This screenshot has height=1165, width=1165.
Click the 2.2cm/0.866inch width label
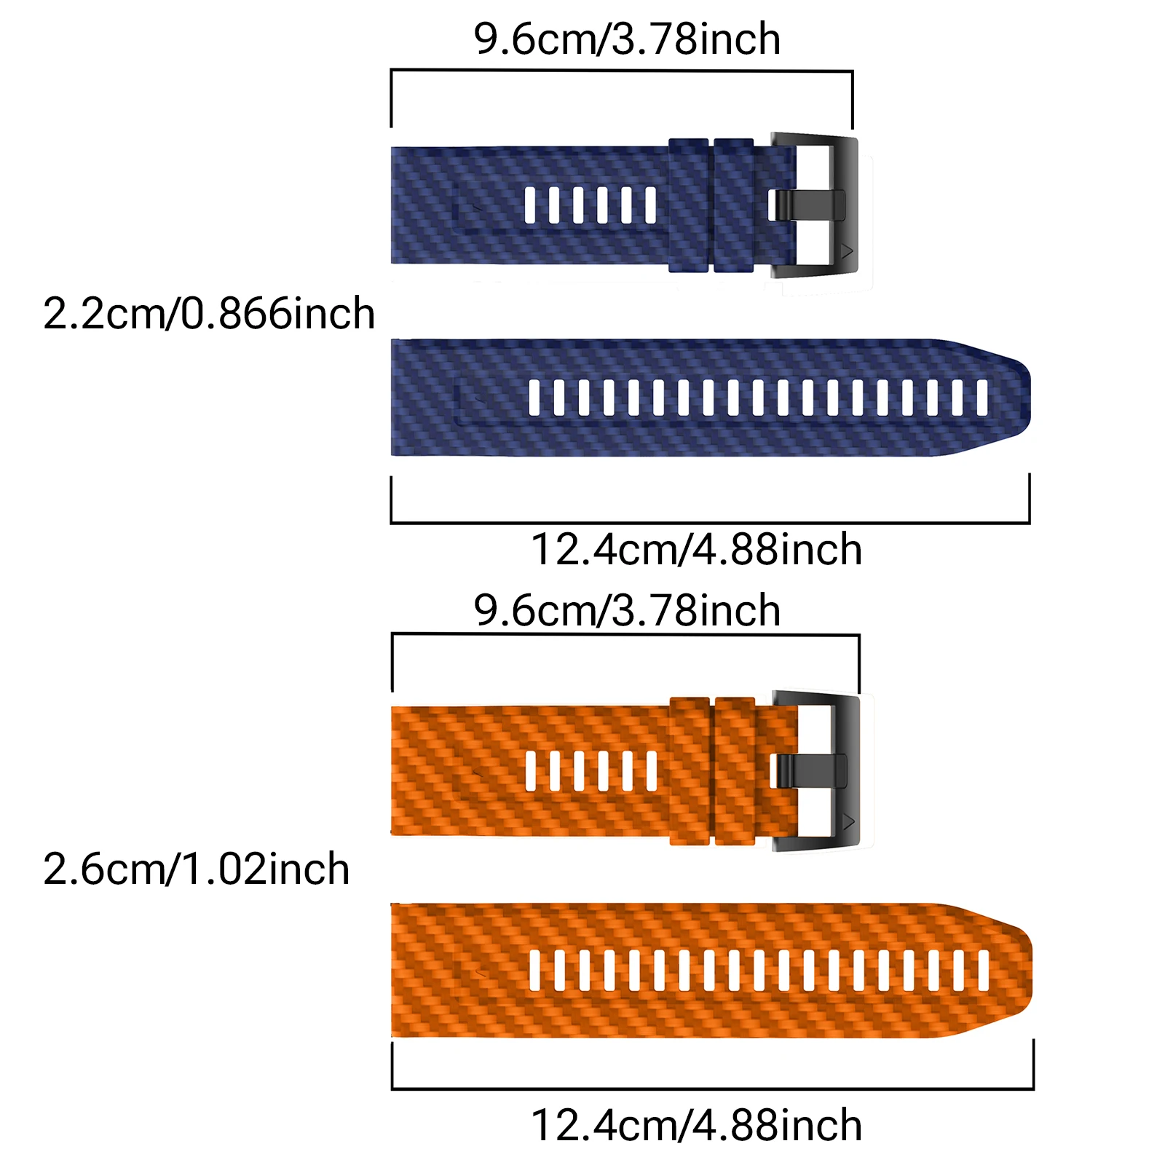click(209, 314)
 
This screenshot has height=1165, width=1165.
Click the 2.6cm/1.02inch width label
click(197, 869)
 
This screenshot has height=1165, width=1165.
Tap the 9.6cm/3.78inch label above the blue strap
click(627, 39)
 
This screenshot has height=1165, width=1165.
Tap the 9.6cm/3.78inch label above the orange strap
click(627, 610)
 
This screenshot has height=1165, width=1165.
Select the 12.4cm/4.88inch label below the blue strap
click(697, 549)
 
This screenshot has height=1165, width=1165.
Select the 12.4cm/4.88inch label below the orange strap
click(697, 1125)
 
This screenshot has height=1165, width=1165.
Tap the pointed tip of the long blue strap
click(1029, 398)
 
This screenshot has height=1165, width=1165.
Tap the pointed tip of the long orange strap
click(1031, 971)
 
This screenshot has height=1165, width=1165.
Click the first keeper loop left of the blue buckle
click(733, 205)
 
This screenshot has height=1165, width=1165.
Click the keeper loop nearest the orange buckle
click(735, 771)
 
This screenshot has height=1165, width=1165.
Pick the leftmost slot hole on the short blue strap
click(530, 205)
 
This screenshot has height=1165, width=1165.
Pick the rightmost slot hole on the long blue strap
click(982, 398)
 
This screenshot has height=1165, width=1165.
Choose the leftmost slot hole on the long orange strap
click(535, 971)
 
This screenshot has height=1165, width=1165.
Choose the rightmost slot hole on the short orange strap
click(651, 771)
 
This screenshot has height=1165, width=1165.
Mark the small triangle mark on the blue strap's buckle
click(847, 251)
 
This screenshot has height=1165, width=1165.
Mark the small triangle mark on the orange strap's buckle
click(848, 822)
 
